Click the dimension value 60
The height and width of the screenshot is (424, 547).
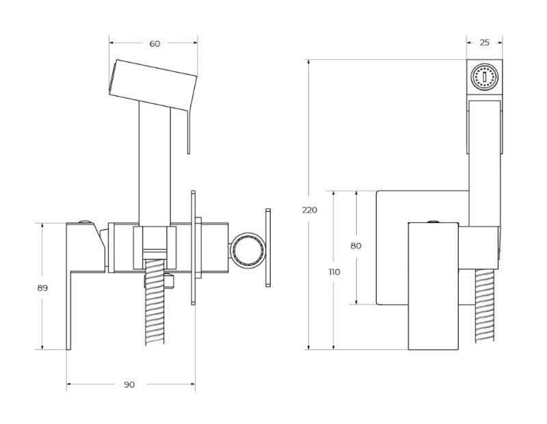coord(155,44)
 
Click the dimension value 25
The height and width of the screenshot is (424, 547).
coord(484,42)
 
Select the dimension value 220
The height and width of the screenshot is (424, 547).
coord(309,210)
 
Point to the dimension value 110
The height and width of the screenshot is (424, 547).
coord(334,271)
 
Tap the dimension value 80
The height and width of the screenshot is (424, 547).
coord(356,246)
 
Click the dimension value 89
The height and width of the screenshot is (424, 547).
coord(42,288)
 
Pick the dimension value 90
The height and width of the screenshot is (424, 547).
coord(129,384)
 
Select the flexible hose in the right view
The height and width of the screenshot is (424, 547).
coord(485,308)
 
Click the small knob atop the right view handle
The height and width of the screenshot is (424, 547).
coord(433,220)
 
